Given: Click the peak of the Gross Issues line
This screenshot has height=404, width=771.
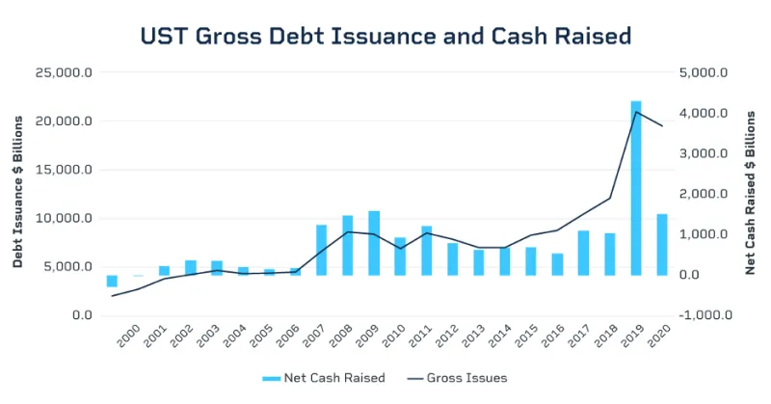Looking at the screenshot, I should [636, 112].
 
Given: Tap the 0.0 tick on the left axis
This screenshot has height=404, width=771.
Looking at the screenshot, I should [80, 315].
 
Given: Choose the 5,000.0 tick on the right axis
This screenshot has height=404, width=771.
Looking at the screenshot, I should [708, 73].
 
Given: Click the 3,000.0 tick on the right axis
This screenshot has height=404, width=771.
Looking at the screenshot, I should [708, 154].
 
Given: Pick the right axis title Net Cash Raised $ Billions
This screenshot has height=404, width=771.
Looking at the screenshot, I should [752, 193].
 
